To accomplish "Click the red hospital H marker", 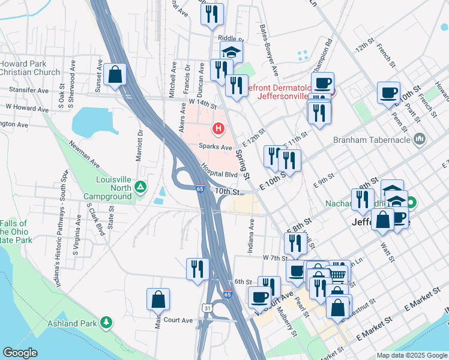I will pos(218,128).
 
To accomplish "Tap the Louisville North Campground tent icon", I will pos(140,187).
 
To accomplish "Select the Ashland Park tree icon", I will pos(106,323).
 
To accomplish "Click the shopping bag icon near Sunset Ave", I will pos(115,75).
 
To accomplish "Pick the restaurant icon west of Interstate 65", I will pos(196,269).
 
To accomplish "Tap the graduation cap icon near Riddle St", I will pos(231,52).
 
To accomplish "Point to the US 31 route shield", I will pos(207,307).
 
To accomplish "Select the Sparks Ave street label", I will pos(215,147).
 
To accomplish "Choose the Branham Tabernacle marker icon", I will pos(420,140).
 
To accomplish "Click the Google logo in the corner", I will pos(20,353).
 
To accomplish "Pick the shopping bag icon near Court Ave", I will pos(158,299).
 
